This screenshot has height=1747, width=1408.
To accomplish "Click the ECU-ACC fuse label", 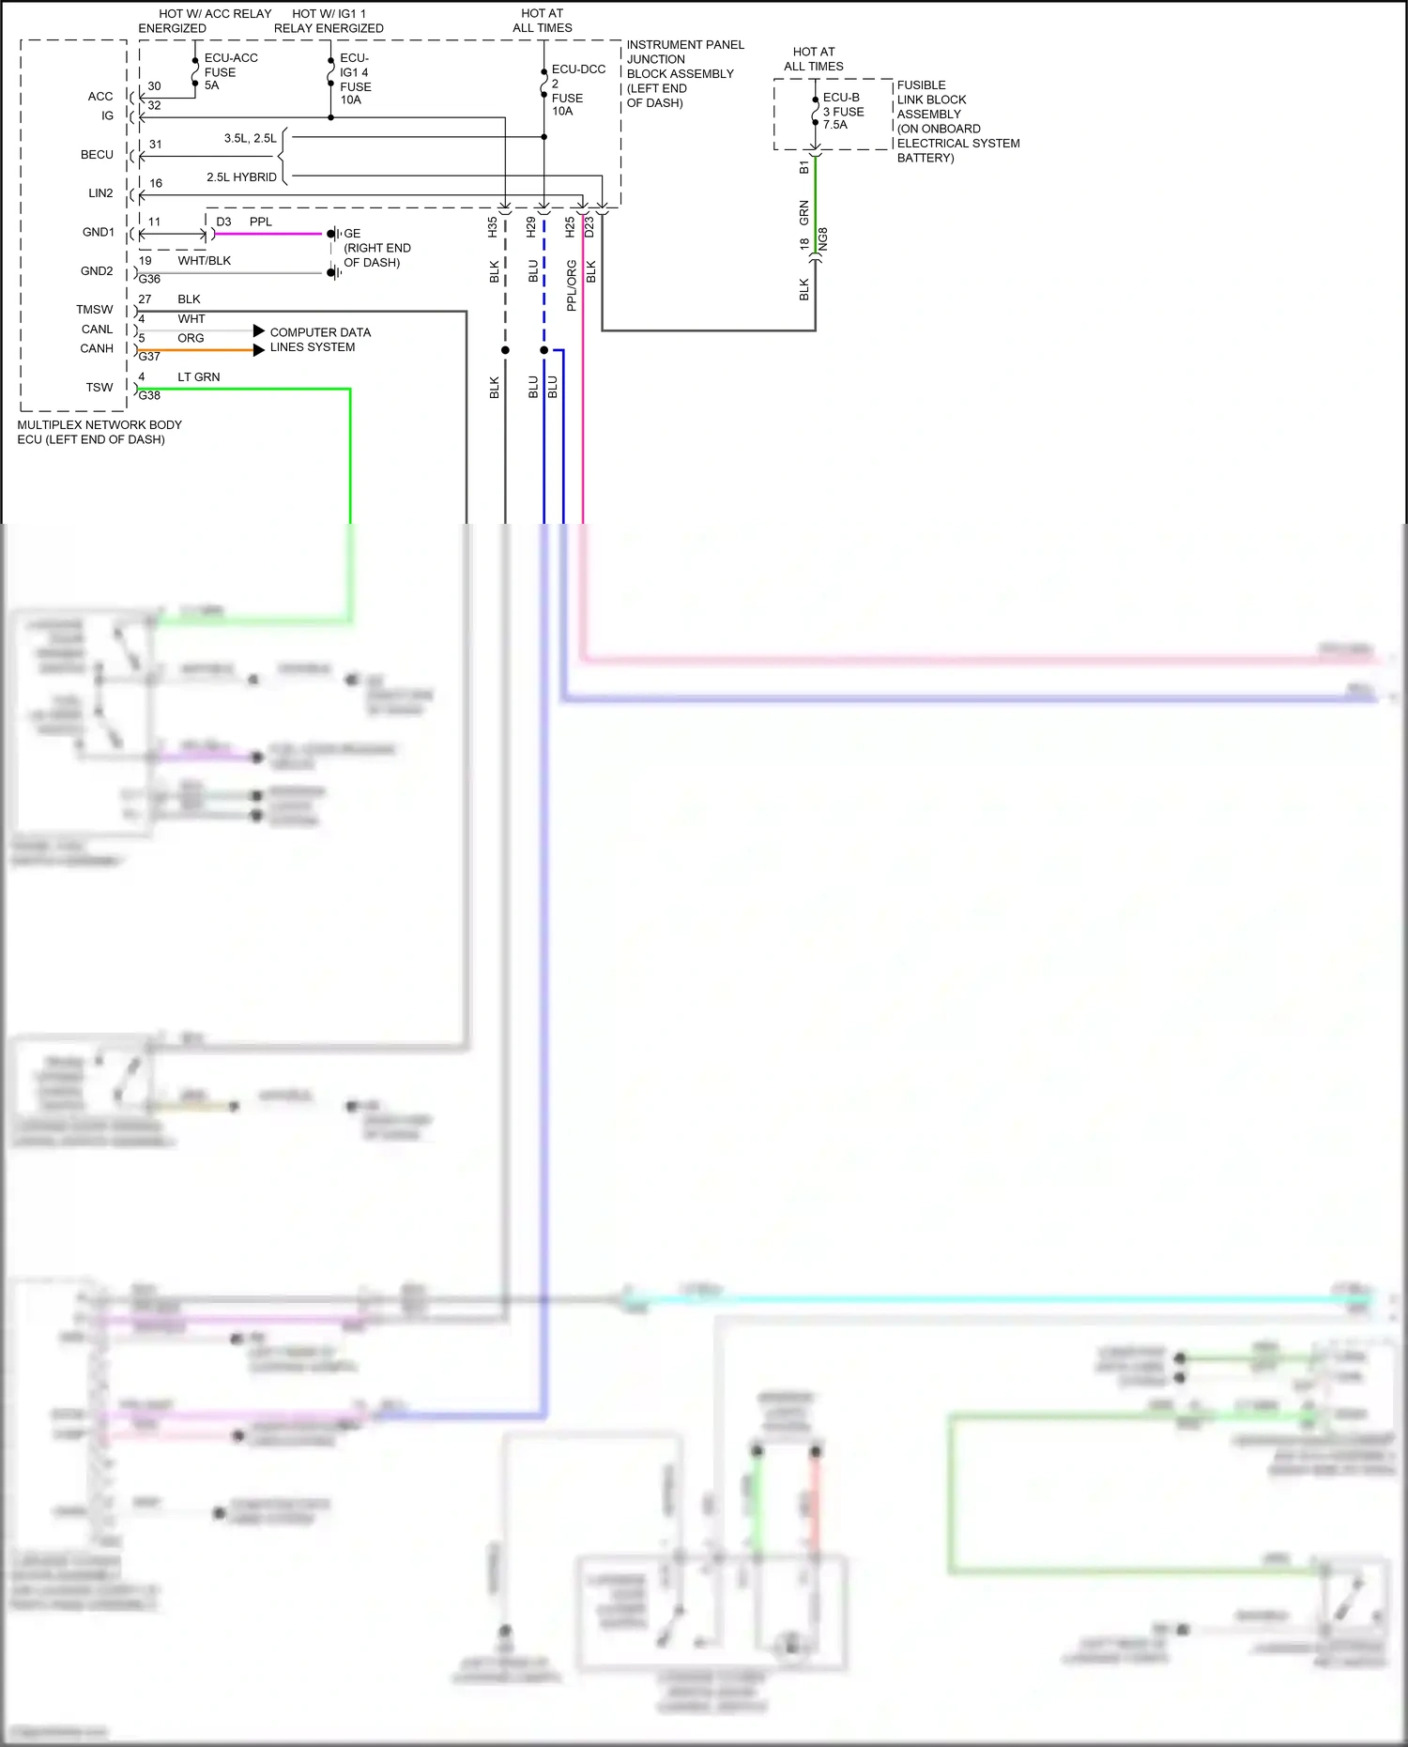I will (x=230, y=58).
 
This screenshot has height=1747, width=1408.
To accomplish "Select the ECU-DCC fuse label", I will (x=578, y=69).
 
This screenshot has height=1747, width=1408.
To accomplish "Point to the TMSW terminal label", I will (x=95, y=310).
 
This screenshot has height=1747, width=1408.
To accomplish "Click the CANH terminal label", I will (x=97, y=348).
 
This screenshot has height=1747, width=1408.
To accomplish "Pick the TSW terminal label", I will (x=99, y=388).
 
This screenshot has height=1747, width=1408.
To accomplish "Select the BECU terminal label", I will (x=97, y=155).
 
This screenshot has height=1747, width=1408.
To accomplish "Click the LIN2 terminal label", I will (x=100, y=193).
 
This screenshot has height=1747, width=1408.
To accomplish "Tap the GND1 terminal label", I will (x=98, y=232).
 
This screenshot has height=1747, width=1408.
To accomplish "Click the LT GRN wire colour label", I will (x=199, y=377).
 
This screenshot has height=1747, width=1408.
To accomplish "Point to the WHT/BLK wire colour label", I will (x=204, y=261).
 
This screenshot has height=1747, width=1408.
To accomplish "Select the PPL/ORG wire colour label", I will (x=571, y=285).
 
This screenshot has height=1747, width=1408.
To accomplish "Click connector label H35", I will (x=493, y=226).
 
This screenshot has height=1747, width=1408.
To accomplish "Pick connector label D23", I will (x=589, y=226).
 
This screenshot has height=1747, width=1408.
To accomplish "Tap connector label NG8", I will (x=823, y=238).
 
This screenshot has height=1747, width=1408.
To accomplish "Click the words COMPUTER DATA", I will (x=320, y=332).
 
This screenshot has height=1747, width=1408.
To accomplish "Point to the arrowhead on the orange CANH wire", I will (x=259, y=350).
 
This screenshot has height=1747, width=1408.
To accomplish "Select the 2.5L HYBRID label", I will (x=241, y=177).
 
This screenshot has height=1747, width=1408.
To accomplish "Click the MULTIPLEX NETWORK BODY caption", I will (x=99, y=425).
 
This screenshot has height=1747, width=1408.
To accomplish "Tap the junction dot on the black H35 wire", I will (x=505, y=350).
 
